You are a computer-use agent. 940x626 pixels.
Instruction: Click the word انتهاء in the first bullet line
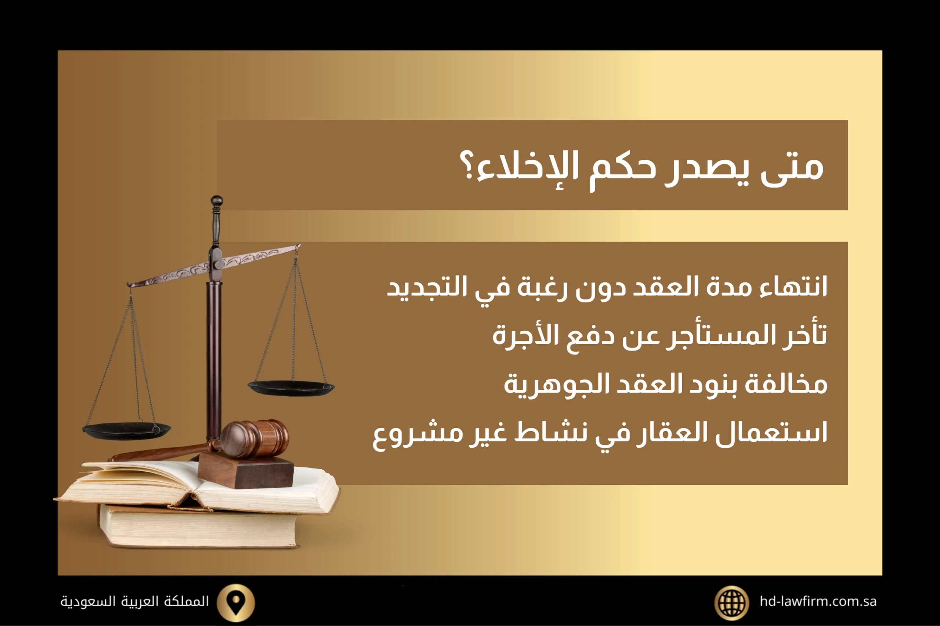click(793, 287)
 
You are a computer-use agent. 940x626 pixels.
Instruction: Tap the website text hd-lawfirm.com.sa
click(818, 601)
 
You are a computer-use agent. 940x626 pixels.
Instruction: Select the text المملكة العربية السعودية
click(135, 601)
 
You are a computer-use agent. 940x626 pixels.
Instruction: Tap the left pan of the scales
click(126, 430)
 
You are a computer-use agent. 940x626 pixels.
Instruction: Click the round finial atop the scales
click(217, 200)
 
